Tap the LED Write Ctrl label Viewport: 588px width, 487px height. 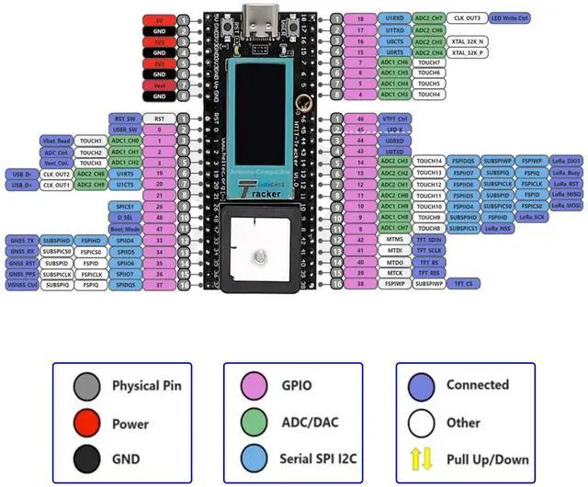tap(510, 18)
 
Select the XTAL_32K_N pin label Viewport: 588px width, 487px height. tap(469, 41)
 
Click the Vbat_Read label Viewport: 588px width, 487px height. tap(58, 141)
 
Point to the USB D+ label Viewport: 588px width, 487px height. tap(21, 185)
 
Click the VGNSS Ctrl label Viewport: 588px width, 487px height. tap(22, 285)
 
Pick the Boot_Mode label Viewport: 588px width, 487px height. tap(125, 229)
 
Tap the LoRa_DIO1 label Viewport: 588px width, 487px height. tap(566, 161)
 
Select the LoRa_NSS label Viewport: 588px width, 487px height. tap(500, 228)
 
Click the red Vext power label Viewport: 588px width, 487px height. tap(160, 84)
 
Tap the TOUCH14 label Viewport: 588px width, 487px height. tap(429, 161)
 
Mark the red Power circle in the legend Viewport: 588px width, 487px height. tap(85, 425)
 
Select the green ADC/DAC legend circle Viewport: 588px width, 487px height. tap(257, 425)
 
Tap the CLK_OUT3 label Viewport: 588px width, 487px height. tap(467, 18)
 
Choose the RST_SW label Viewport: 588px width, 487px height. tap(125, 119)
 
